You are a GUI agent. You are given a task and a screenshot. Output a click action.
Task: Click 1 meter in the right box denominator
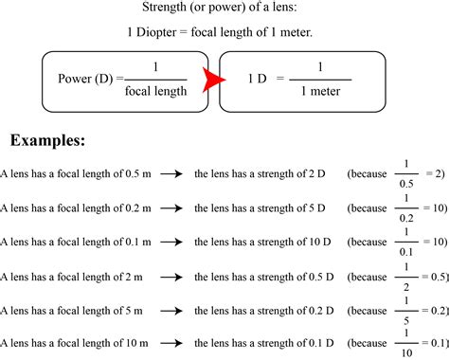[x=320, y=91]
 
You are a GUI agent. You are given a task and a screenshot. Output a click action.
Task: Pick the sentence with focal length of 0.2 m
[x=76, y=207]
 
